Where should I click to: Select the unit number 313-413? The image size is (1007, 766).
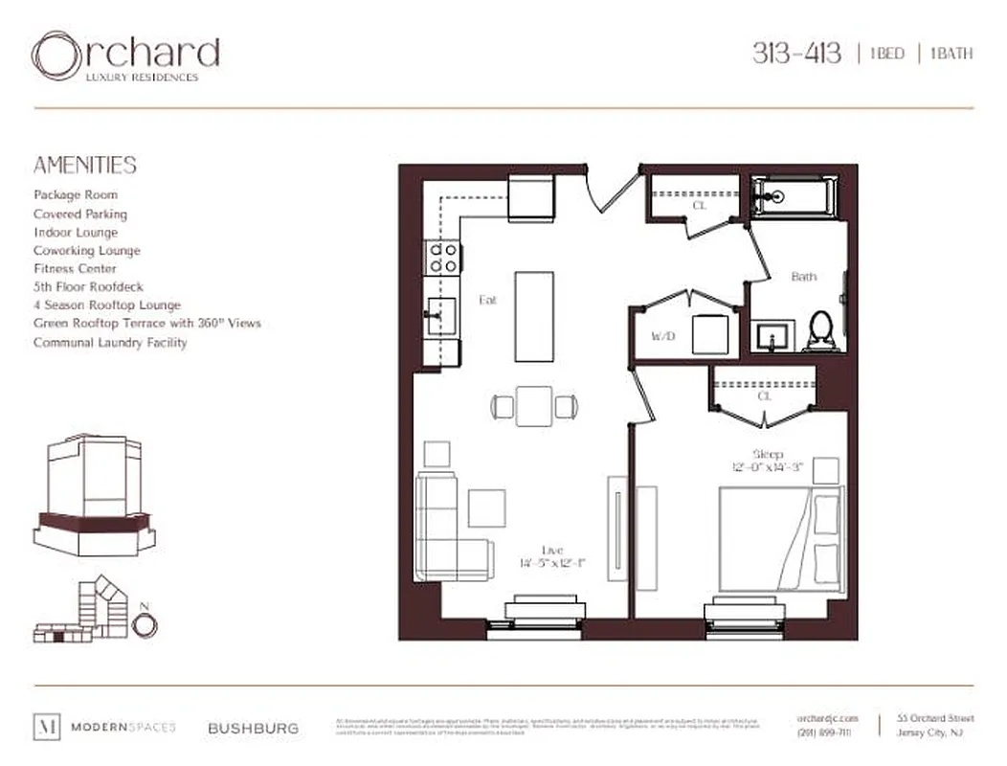pos(796,53)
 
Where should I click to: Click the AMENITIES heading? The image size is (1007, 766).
pos(85,165)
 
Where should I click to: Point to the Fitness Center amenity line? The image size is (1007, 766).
pos(75,269)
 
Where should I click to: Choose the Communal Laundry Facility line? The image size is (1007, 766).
pos(110,342)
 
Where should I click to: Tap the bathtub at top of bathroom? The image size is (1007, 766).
pos(794,196)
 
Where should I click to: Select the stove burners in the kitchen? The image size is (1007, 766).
pos(443,256)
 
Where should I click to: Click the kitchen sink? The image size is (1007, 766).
pos(440,313)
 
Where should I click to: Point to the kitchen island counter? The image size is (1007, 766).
pos(533,316)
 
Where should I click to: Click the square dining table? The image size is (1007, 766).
pos(534,406)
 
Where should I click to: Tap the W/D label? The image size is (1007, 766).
pos(661,336)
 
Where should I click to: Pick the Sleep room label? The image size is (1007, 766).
pos(768,454)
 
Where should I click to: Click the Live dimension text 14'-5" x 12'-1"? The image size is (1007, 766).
pos(551,563)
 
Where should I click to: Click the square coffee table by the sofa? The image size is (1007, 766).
pos(486,507)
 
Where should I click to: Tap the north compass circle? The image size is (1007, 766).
pos(145,625)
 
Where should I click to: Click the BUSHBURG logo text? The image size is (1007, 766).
pos(253,728)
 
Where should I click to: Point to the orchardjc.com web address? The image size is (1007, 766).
pos(827,718)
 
